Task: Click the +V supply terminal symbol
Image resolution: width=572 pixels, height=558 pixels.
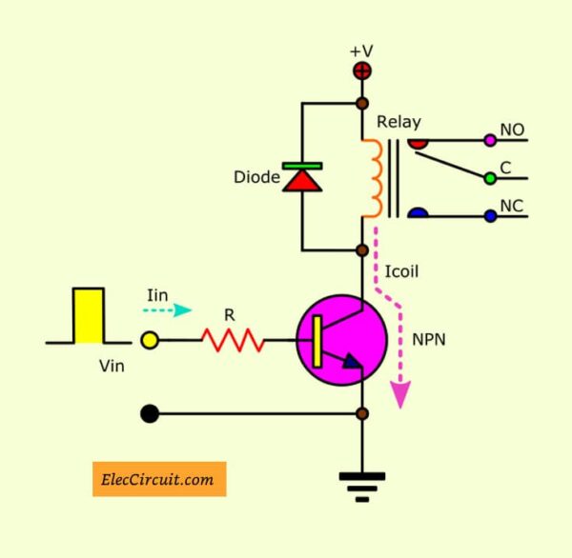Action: tap(362, 70)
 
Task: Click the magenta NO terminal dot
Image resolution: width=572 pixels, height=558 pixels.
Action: tap(490, 140)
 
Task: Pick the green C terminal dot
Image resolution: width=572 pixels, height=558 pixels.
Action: tap(490, 177)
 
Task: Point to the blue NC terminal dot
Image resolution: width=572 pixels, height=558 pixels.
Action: tap(490, 216)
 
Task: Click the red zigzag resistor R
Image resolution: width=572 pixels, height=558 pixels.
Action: tap(232, 339)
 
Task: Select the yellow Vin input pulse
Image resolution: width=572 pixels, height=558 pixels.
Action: tap(89, 314)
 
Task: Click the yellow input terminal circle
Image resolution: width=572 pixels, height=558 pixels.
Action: tap(150, 339)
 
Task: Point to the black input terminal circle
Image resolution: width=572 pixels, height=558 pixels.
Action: tap(149, 414)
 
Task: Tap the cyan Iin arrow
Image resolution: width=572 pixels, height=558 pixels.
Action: tap(172, 310)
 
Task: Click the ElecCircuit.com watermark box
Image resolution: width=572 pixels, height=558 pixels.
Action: tap(159, 479)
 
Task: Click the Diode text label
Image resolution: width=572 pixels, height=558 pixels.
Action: tap(255, 177)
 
